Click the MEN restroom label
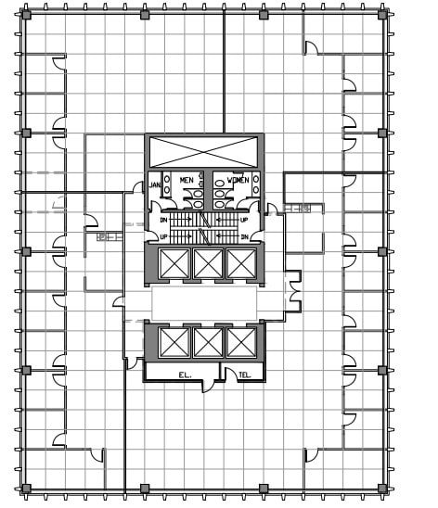187,179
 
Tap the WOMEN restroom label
237,179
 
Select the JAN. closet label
155,186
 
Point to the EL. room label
184,375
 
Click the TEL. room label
245,375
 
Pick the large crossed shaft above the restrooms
205,152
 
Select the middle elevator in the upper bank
206,264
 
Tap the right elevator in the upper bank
238,264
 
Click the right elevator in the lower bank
238,343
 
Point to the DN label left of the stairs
163,220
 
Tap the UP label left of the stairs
163,237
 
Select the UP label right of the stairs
244,220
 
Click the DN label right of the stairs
244,237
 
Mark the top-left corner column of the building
26,15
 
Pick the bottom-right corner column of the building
382,488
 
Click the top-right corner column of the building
382,15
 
